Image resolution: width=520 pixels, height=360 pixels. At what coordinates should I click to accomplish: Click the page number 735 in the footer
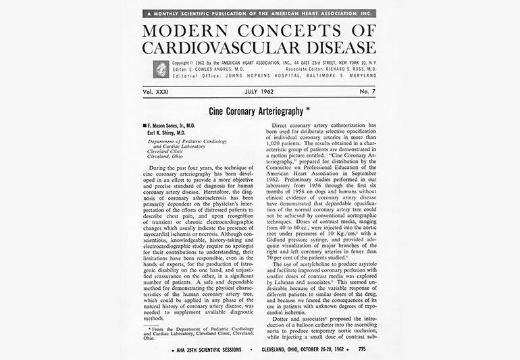(362, 350)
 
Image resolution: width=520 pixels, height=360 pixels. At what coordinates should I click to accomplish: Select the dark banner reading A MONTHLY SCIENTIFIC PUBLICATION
(260, 13)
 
